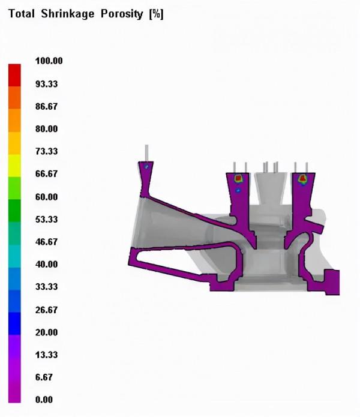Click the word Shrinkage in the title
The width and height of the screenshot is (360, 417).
click(x=68, y=14)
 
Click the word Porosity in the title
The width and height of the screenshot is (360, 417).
click(x=122, y=14)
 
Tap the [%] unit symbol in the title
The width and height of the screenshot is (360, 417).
click(x=156, y=14)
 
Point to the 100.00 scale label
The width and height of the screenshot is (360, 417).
click(x=49, y=61)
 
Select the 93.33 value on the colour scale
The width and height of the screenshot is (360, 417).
click(x=47, y=84)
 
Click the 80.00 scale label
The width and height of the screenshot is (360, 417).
click(x=47, y=129)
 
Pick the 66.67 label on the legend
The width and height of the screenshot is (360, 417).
click(x=47, y=173)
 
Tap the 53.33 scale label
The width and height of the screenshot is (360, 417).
click(x=47, y=220)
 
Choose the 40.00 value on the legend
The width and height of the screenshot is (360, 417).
click(x=47, y=265)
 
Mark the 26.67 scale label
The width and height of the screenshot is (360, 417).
click(x=47, y=310)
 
